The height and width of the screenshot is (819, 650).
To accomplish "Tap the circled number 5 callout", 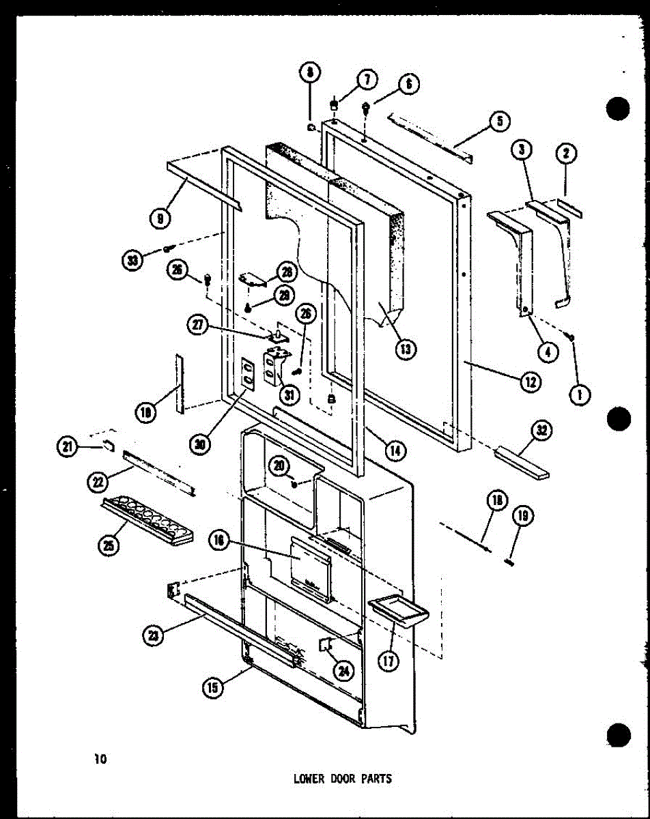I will coord(499,122).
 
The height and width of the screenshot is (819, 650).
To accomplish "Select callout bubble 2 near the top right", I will coord(565,155).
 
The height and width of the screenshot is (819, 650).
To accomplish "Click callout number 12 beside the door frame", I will coord(529,382).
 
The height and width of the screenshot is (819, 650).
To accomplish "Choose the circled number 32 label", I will coord(543,431).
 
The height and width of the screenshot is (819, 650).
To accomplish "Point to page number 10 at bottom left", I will coord(101,758).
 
